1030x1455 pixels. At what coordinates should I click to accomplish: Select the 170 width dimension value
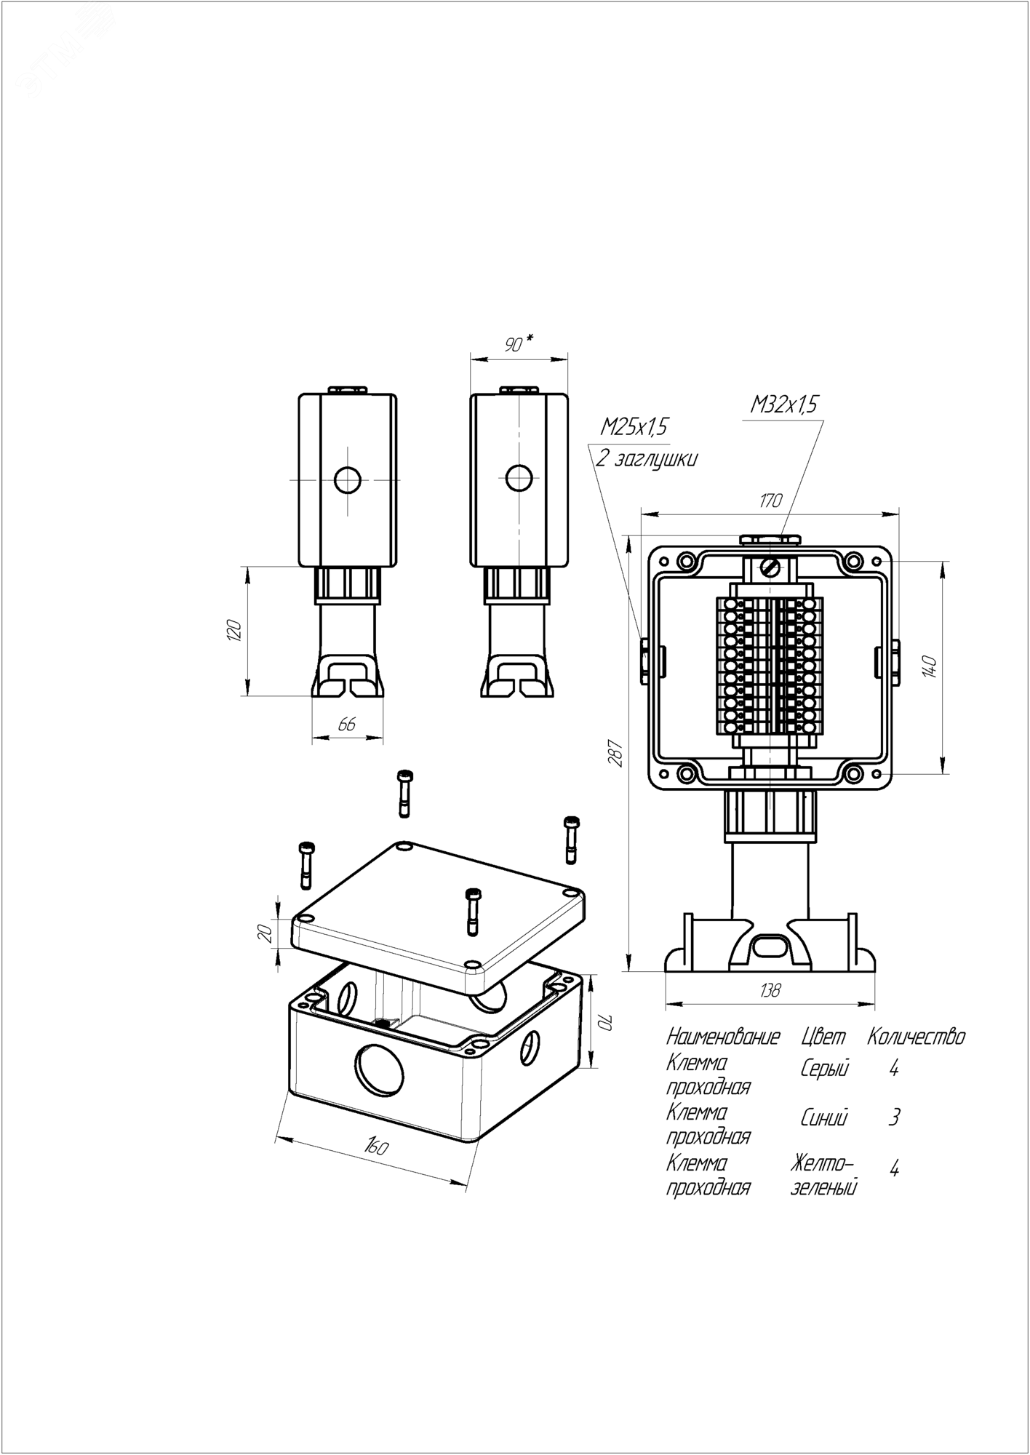coord(770,501)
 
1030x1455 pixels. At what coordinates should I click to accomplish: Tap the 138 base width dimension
coord(769,990)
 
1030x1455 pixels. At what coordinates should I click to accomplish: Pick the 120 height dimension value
coord(233,630)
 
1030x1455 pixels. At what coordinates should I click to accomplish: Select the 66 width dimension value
coord(348,724)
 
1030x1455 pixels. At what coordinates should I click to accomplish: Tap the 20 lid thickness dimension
coord(266,932)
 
